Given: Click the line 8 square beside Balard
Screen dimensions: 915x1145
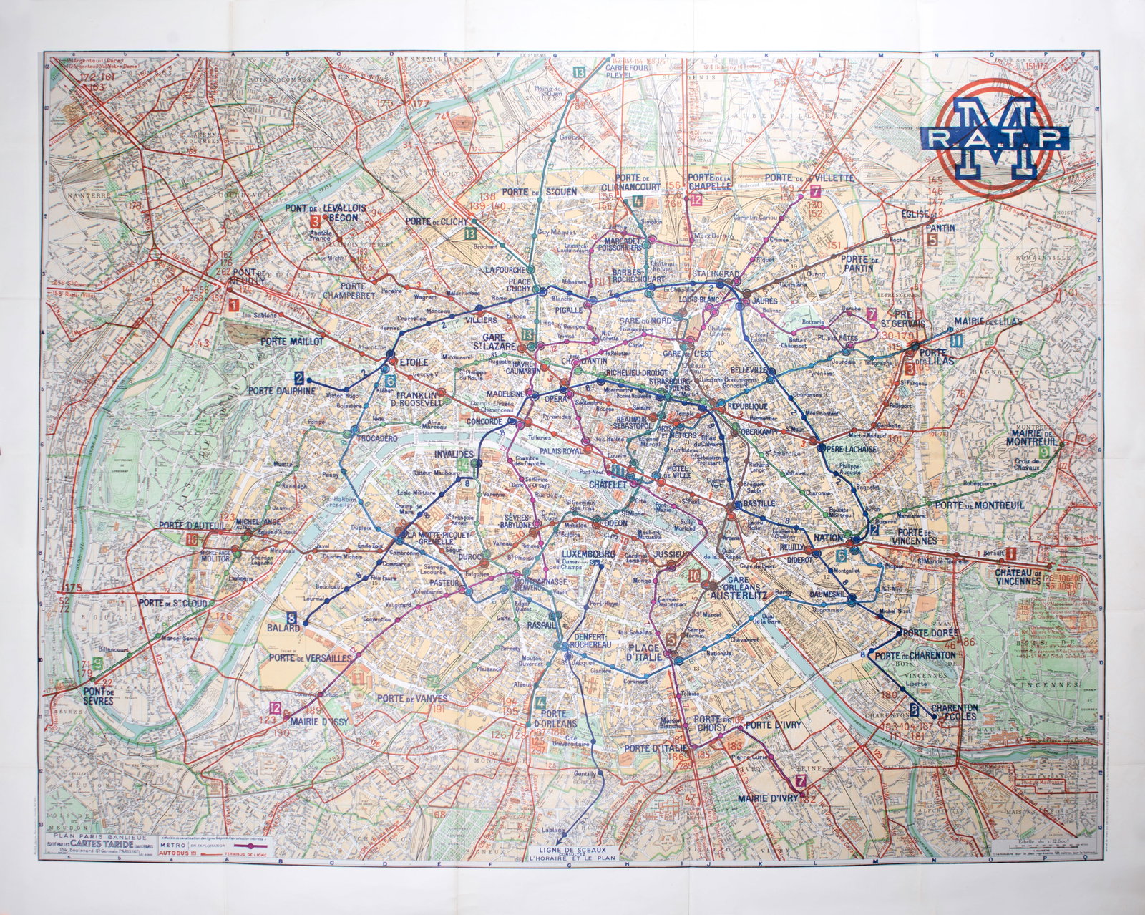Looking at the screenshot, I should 292,615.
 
